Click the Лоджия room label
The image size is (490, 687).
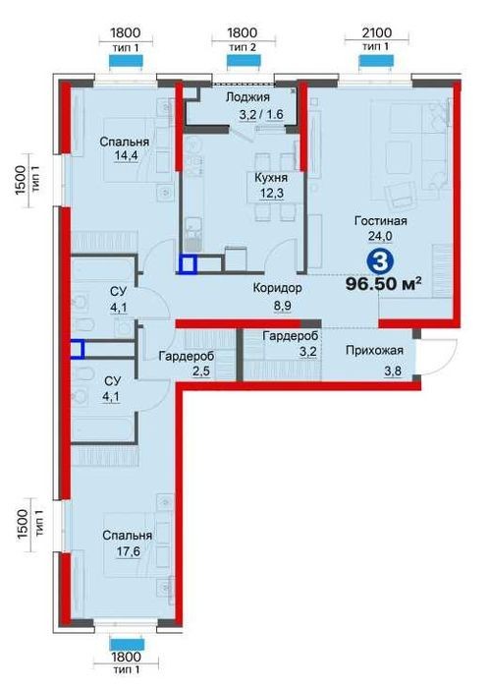point(247,97)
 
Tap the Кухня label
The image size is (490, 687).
point(271,178)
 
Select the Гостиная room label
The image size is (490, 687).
point(381,221)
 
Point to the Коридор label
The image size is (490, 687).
point(278,288)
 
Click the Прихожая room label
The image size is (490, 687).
point(374,351)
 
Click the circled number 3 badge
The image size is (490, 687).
point(380,261)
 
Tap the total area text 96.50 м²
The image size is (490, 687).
point(384,284)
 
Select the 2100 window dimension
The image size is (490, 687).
point(377,32)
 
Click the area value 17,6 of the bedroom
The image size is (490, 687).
point(129,550)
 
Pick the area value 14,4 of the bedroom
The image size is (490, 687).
point(126,157)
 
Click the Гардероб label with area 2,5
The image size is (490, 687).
point(187,356)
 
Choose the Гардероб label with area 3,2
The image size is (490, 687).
point(291,336)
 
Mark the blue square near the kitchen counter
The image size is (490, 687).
point(189,264)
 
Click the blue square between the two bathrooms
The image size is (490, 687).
point(77,349)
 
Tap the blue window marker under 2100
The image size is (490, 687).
point(376,62)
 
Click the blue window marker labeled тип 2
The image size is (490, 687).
point(245,61)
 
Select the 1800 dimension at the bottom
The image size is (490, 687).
point(126,658)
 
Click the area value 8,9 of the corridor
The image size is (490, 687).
point(283,306)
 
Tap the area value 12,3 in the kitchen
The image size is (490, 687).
point(272,194)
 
